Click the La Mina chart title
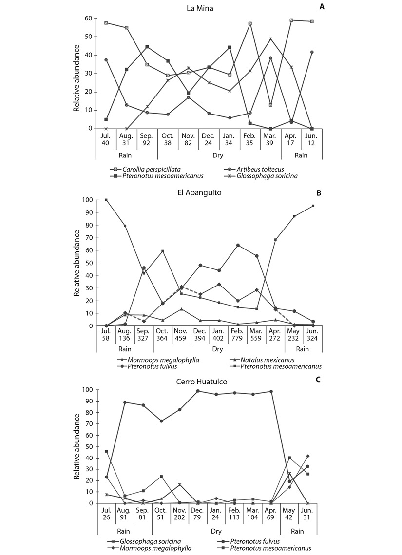(200, 8)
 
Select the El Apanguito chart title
(200, 192)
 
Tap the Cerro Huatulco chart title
(202, 382)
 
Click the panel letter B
(319, 193)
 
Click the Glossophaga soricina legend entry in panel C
(145, 541)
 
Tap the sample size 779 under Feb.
(237, 338)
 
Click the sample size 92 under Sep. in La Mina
(146, 143)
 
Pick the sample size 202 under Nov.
(179, 517)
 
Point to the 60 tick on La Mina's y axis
(88, 19)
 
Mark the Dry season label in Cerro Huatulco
(216, 531)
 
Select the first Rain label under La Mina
(125, 155)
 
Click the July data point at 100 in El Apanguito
(106, 200)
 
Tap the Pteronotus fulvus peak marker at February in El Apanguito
(238, 245)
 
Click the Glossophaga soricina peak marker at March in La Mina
(271, 38)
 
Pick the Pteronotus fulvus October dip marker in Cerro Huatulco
(161, 421)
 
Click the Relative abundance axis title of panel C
(76, 447)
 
